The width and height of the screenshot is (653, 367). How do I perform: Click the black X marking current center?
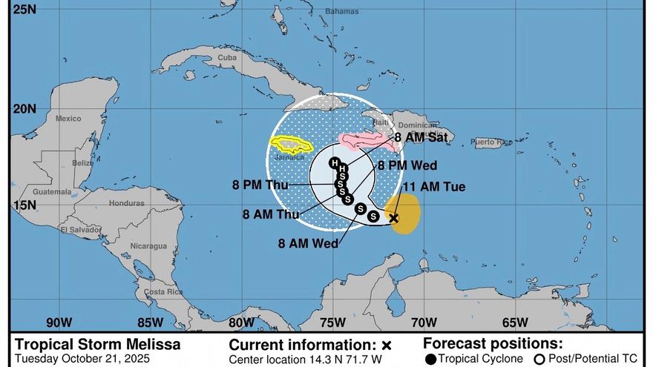[x=394, y=218]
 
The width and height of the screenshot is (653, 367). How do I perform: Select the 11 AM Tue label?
[x=433, y=187]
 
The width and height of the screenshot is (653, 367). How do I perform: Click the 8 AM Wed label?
[x=309, y=242]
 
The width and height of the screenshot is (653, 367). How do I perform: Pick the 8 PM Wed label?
[x=407, y=165]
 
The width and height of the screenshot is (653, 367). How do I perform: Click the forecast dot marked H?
[x=333, y=162]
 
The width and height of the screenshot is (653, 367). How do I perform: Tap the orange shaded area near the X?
[x=408, y=215]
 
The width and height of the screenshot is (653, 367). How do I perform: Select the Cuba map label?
[x=227, y=57]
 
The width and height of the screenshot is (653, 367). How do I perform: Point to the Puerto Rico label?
[x=492, y=142]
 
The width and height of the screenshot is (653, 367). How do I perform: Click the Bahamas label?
[x=341, y=12]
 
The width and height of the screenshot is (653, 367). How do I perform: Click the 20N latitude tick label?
[x=25, y=108]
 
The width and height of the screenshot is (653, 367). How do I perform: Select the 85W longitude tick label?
[x=150, y=322]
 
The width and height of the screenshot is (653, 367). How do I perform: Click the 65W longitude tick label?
[x=514, y=322]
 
